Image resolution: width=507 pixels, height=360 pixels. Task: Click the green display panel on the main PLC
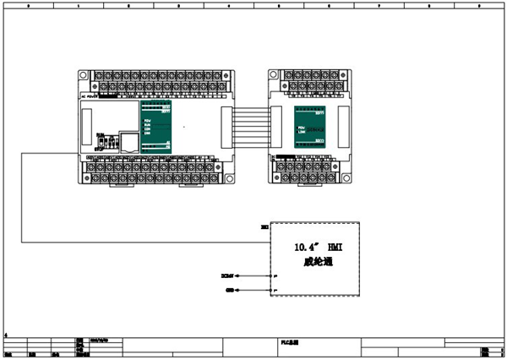click(155, 126)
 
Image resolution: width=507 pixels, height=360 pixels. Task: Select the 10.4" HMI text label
click(315, 248)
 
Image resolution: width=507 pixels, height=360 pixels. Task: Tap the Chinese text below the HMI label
click(314, 262)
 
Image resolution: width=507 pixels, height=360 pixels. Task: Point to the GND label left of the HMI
click(230, 290)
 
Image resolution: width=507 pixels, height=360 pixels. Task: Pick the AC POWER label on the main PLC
click(90, 96)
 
